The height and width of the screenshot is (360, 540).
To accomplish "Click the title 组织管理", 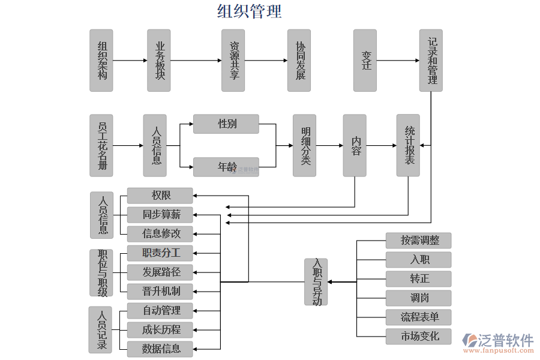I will click(249, 11).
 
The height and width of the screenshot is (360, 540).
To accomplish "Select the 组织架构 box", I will click(101, 61).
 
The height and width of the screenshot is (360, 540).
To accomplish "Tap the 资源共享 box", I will click(233, 61).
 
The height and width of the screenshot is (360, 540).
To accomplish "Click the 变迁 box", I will click(365, 61).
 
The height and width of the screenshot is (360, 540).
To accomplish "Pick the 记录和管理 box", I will click(431, 61).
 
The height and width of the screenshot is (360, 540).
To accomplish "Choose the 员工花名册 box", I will click(101, 146).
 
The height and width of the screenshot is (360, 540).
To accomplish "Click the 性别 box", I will click(226, 124).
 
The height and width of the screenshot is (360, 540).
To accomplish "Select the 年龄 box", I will click(226, 167).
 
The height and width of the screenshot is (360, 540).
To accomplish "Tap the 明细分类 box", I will click(304, 146).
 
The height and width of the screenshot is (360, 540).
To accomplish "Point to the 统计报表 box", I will click(408, 146).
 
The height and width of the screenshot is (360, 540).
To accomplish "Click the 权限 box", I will click(160, 196).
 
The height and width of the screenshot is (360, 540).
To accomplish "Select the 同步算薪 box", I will click(160, 214).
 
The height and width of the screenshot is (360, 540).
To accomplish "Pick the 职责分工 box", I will click(160, 253).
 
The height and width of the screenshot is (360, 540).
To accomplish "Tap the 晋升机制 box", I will click(160, 291).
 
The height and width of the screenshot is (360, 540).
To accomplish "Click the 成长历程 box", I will click(160, 329).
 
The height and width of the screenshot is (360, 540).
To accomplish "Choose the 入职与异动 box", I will click(316, 282).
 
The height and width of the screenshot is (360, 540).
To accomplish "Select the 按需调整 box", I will click(418, 241).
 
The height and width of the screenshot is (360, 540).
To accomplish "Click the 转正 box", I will click(418, 279).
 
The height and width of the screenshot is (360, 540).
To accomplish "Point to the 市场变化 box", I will click(418, 336).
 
